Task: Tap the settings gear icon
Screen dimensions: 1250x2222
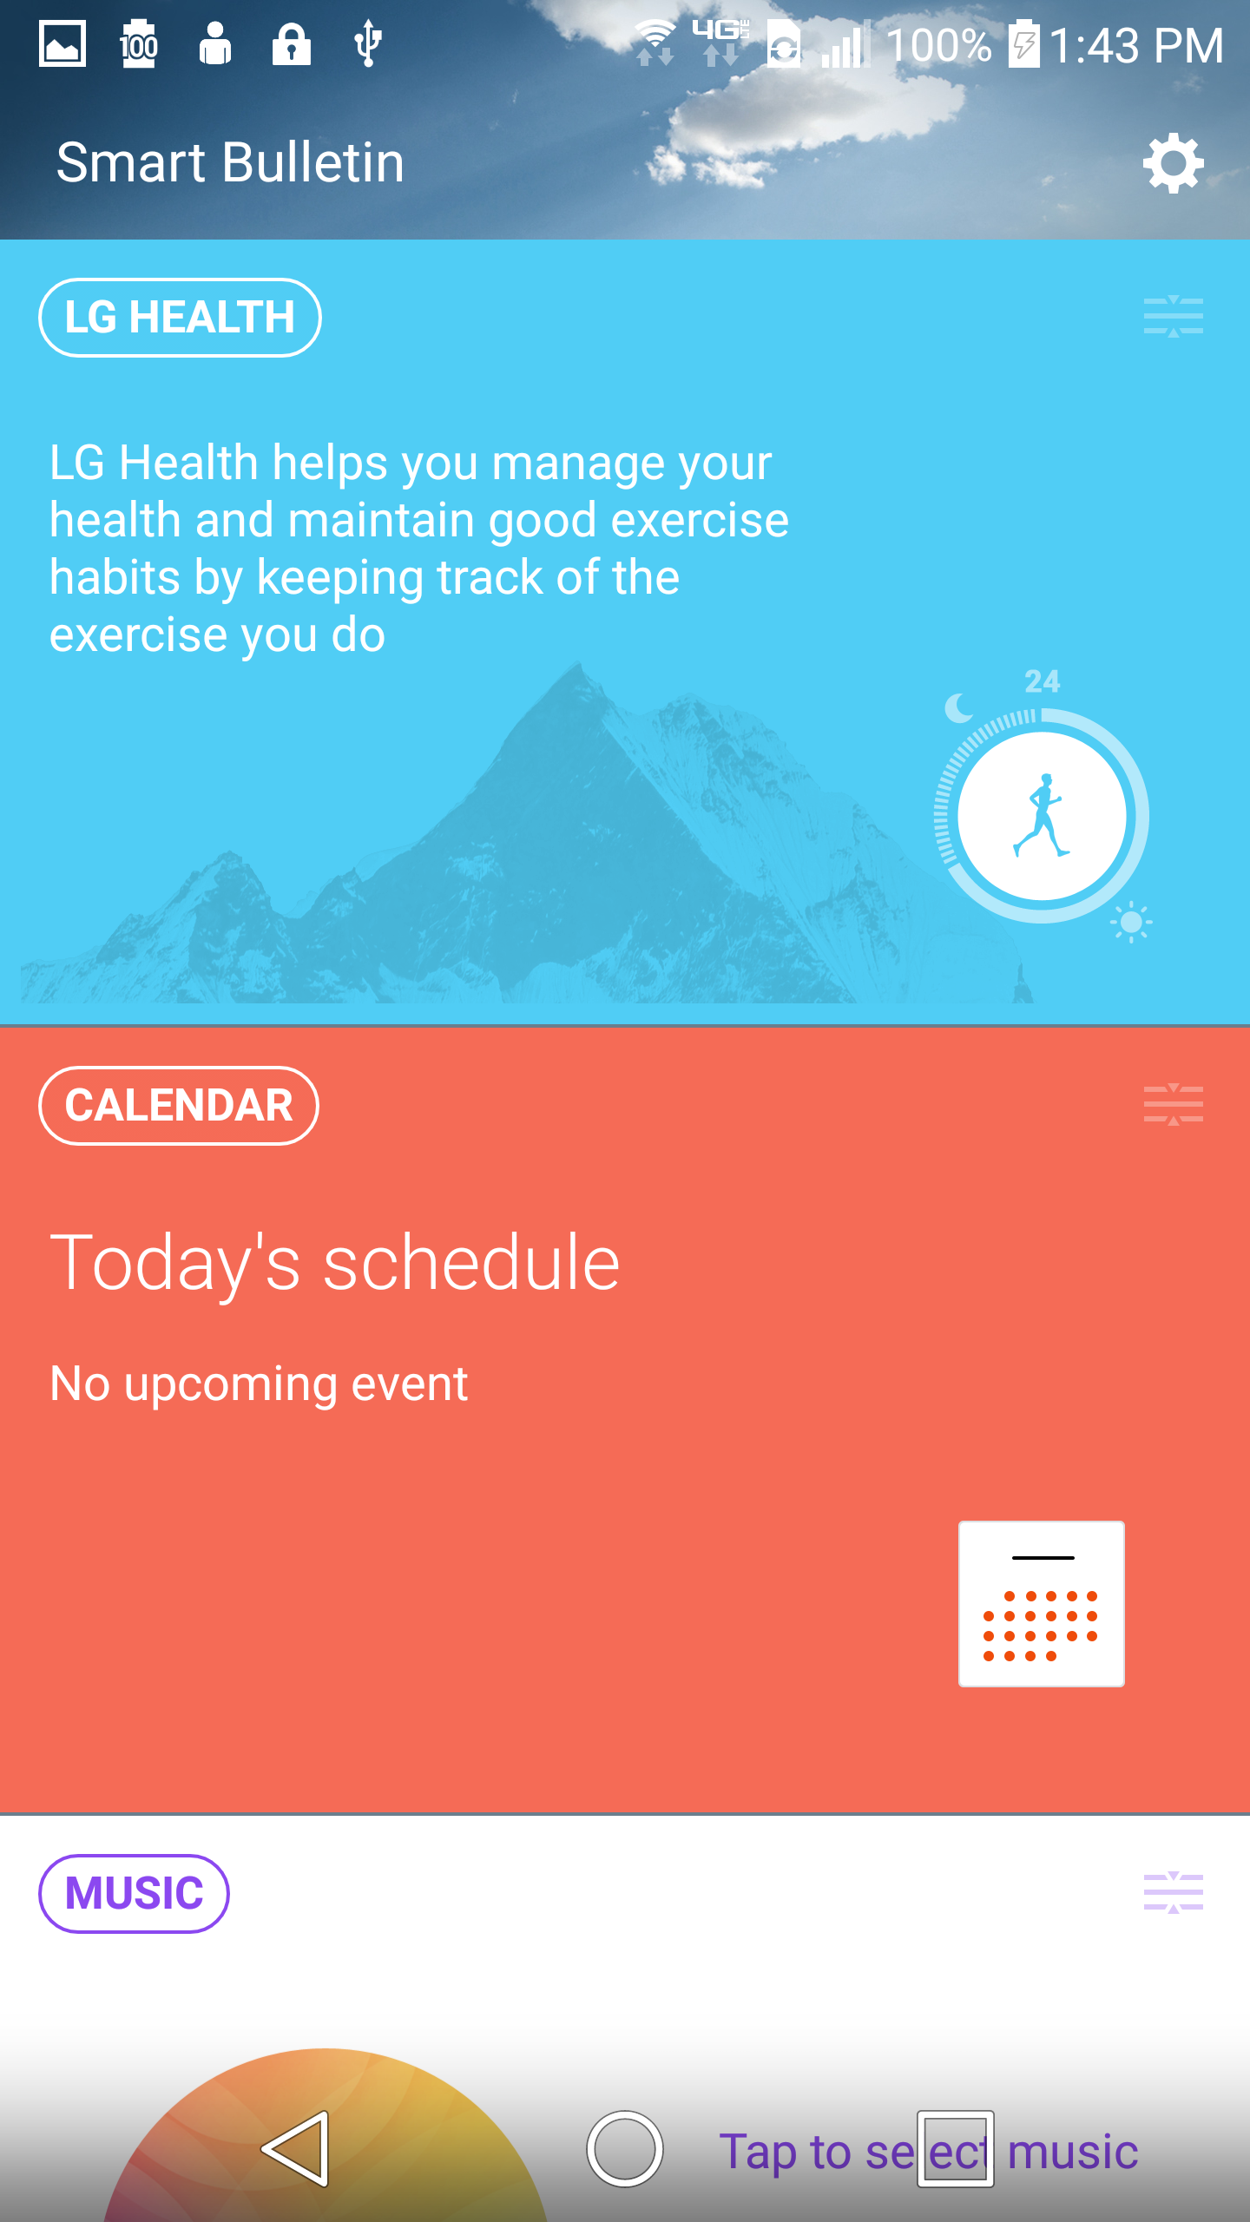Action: coord(1173,163)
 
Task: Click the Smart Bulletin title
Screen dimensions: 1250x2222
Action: coord(230,162)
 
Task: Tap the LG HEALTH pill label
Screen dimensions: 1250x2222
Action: coord(180,318)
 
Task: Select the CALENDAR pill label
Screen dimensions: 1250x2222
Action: coord(179,1106)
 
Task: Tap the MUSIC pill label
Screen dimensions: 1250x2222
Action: coord(134,1894)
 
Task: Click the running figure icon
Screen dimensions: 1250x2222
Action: coord(1042,816)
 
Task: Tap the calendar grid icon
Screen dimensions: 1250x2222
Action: coord(1042,1604)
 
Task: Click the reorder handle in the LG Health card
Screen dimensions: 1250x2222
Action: coord(1173,317)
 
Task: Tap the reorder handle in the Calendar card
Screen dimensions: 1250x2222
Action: coord(1173,1105)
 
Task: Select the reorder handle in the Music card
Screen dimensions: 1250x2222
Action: coord(1173,1893)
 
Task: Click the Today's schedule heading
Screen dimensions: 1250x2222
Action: coord(335,1265)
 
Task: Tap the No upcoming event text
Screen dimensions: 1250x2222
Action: coord(259,1384)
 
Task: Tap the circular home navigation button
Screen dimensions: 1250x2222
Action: coord(625,2149)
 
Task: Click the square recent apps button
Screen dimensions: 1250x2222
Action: coord(955,2149)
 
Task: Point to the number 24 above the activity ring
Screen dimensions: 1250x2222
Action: coord(1042,681)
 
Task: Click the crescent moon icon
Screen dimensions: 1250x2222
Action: coord(958,708)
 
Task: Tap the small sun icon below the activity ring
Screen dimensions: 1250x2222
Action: coord(1131,922)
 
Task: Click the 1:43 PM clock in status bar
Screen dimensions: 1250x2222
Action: coord(1136,45)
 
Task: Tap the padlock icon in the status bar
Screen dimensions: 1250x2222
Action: coord(292,43)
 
